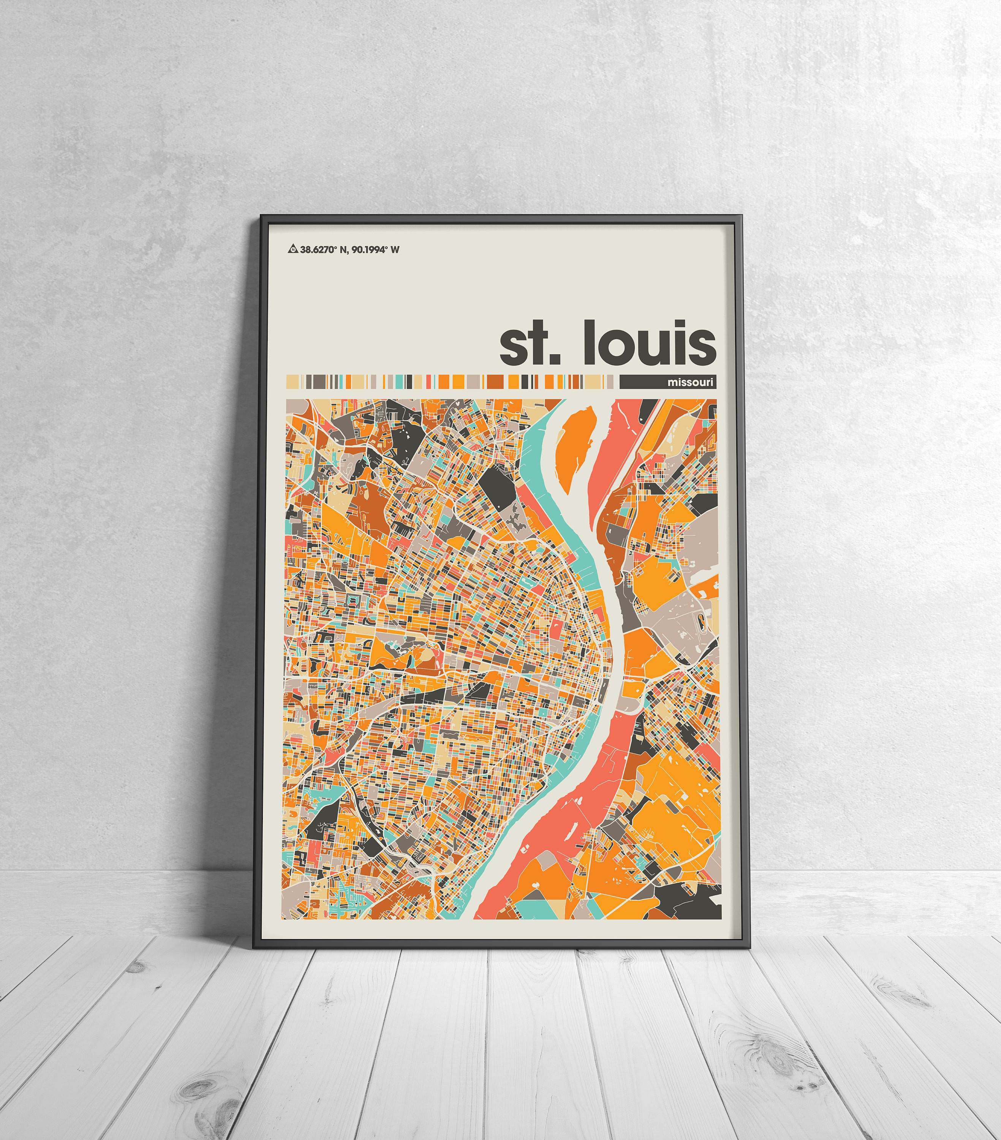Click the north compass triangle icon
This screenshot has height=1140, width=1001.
point(292,249)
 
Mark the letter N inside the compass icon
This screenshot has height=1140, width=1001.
point(292,250)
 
